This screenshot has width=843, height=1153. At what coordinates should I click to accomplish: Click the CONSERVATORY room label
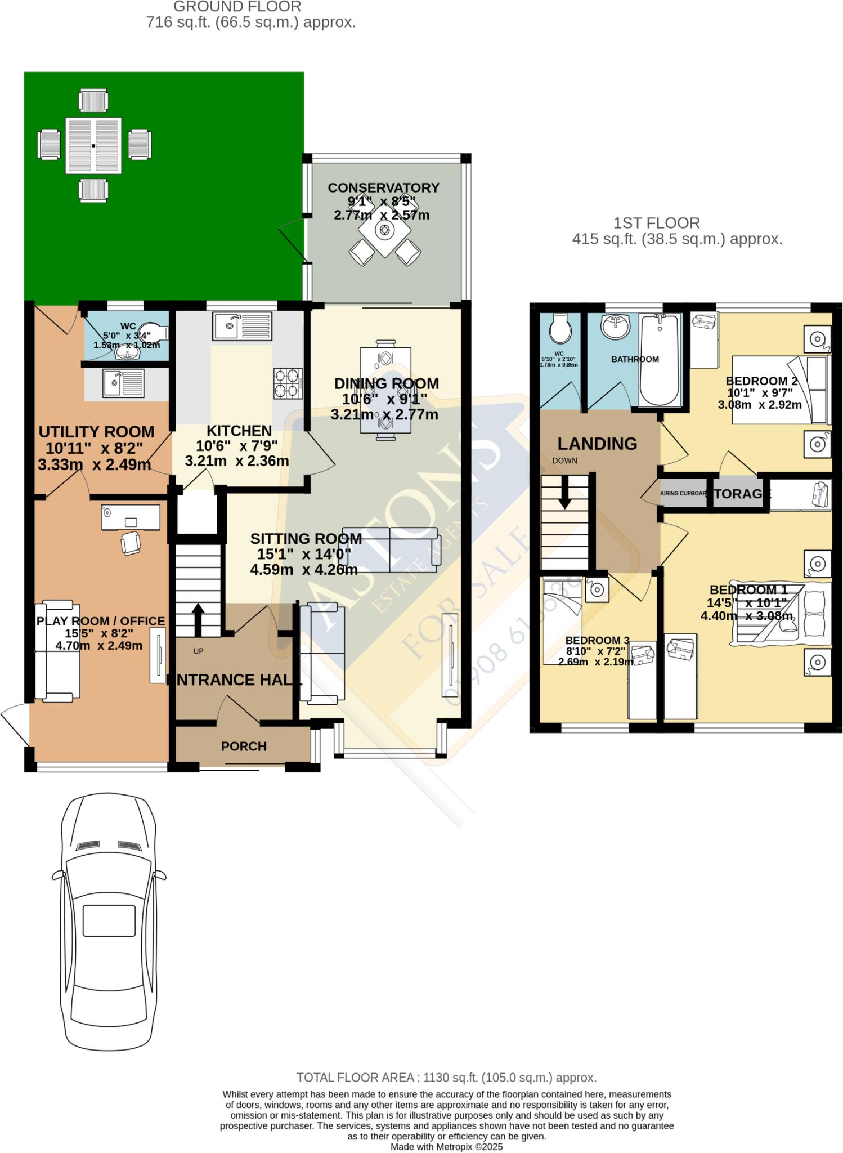[383, 187]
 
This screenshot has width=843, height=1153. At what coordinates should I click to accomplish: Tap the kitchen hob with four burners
[288, 383]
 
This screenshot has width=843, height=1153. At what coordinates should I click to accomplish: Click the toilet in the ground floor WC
[154, 331]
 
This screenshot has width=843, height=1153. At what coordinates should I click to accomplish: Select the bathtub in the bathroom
[659, 359]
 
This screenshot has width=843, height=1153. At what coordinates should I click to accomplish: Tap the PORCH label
[243, 746]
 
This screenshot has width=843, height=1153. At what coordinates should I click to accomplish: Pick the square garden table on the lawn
[93, 146]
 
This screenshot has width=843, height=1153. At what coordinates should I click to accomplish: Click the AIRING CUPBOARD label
[682, 494]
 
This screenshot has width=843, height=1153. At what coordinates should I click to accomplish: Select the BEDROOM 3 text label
[597, 640]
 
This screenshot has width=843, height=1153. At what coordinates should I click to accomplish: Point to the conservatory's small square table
[385, 230]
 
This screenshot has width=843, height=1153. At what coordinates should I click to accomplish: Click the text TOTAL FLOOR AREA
[356, 1078]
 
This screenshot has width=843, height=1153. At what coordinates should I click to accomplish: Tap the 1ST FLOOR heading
[656, 223]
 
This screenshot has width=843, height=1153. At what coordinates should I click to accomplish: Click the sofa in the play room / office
[57, 651]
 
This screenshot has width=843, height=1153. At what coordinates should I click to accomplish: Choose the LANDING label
[597, 444]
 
